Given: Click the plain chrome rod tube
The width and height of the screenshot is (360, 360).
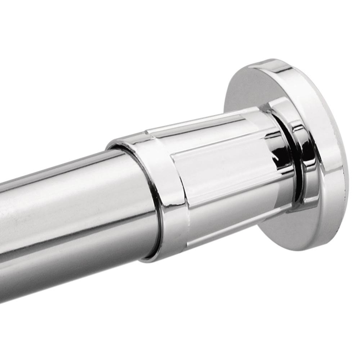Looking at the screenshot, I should (x=72, y=216).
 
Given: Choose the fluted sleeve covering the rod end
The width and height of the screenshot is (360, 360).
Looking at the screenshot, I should (x=216, y=180).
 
